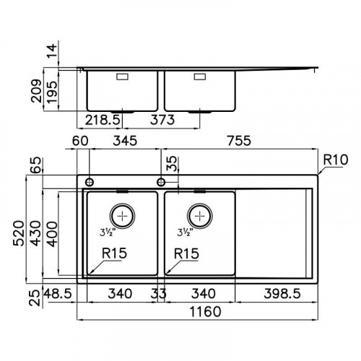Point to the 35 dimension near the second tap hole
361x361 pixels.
(170, 165)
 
